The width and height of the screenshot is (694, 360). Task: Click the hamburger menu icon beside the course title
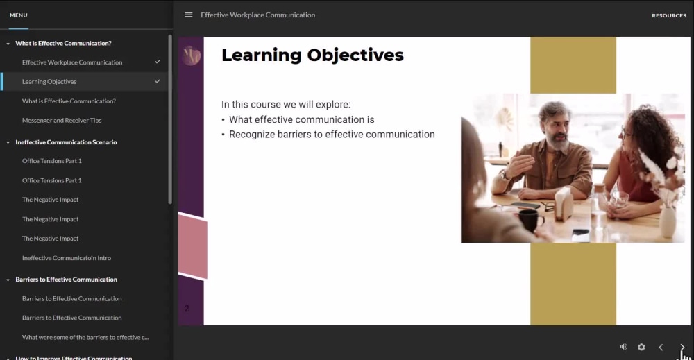click(x=189, y=15)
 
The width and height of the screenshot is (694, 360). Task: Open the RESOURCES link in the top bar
click(x=668, y=15)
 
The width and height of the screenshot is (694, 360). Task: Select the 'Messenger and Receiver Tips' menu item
click(x=62, y=120)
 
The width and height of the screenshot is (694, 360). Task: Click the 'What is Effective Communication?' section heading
click(x=63, y=43)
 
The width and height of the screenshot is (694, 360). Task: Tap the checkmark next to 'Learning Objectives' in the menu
click(x=158, y=81)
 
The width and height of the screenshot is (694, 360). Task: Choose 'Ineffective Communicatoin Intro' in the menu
click(x=67, y=258)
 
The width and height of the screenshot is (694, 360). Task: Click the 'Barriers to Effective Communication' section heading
click(x=66, y=280)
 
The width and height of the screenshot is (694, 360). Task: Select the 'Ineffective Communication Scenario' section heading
click(x=66, y=142)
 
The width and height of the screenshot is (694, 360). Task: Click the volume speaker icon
click(x=623, y=347)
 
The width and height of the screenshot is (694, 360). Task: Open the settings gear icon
click(x=641, y=347)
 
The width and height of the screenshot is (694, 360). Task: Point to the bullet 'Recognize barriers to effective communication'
click(x=332, y=135)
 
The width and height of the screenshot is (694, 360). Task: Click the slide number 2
click(x=187, y=309)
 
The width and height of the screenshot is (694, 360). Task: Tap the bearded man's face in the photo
click(x=554, y=125)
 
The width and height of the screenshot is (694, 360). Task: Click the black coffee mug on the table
click(x=530, y=221)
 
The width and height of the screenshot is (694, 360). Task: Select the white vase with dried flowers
click(x=668, y=218)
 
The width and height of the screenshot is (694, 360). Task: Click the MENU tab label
click(x=19, y=15)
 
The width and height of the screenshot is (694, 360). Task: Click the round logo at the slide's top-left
click(x=191, y=55)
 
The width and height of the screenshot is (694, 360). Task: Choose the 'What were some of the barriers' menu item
click(x=85, y=337)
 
